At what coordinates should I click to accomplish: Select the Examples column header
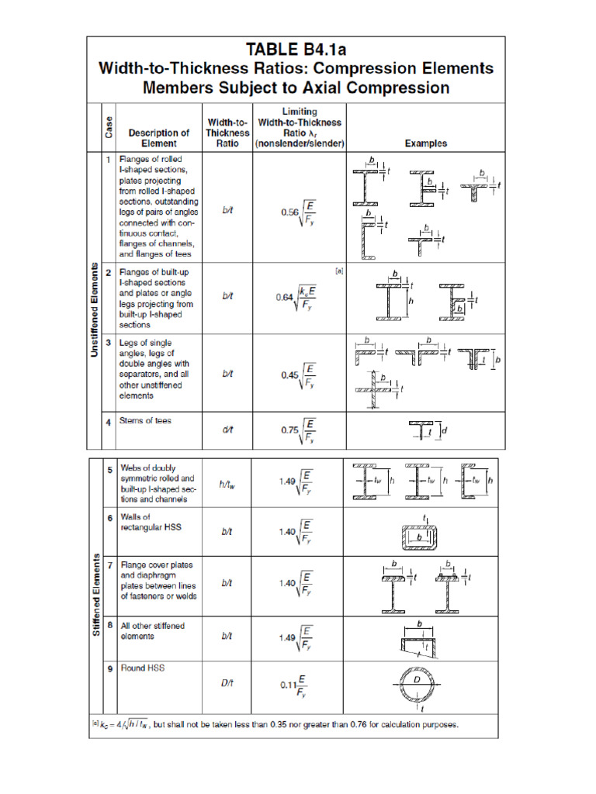tap(426, 143)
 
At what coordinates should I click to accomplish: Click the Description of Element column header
tap(159, 137)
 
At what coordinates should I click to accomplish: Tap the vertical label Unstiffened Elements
tap(94, 310)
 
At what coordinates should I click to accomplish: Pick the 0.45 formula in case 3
tap(298, 375)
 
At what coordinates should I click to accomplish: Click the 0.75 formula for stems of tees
tap(298, 430)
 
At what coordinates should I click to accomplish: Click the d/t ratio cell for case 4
tap(227, 430)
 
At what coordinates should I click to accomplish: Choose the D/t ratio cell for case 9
tap(227, 682)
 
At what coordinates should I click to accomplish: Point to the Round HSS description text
tap(143, 668)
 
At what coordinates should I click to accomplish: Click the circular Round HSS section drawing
tap(418, 686)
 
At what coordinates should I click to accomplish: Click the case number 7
tap(110, 565)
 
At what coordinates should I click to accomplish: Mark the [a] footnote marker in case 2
tap(338, 271)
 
